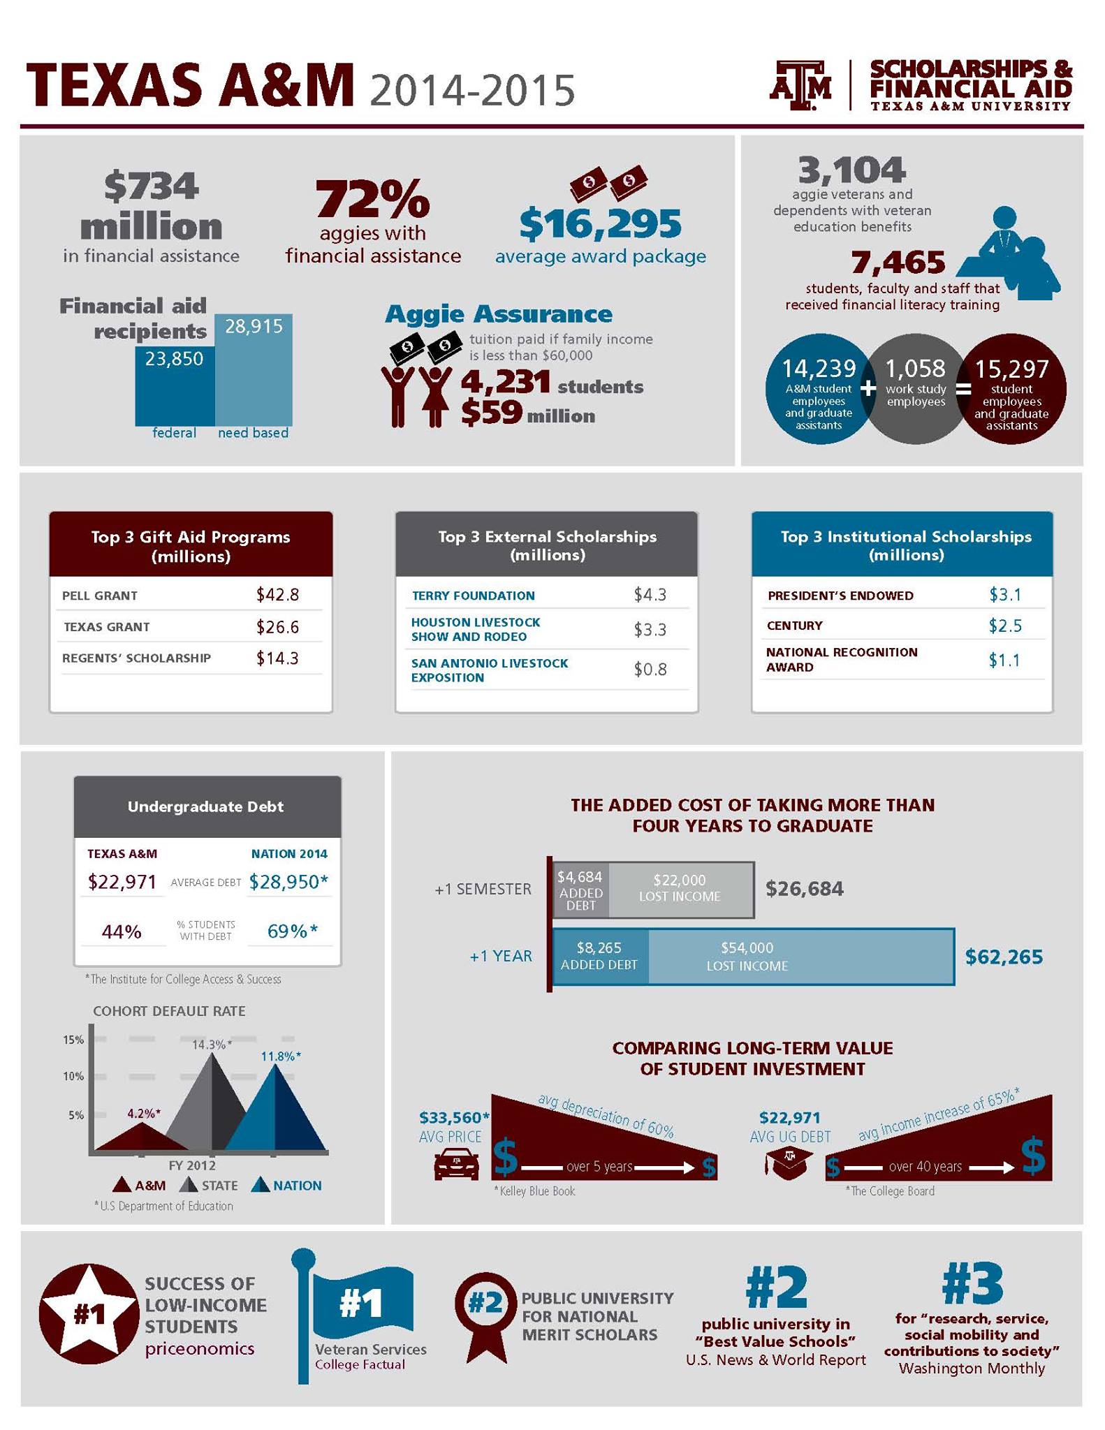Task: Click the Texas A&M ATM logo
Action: [x=800, y=85]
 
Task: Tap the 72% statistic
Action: [x=372, y=198]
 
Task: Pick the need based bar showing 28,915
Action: [x=254, y=369]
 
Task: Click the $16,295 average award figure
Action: [x=601, y=223]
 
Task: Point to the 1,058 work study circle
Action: [x=916, y=388]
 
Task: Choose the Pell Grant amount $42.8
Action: [x=277, y=594]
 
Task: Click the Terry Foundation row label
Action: [x=473, y=596]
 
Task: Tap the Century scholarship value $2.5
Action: [x=1005, y=626]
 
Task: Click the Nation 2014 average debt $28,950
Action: [x=288, y=881]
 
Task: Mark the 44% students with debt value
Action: [x=122, y=931]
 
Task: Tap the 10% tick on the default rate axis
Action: [x=73, y=1076]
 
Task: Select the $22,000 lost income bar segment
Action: [x=680, y=889]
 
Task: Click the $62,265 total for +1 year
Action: [x=1004, y=957]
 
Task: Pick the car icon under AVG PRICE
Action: [x=457, y=1165]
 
